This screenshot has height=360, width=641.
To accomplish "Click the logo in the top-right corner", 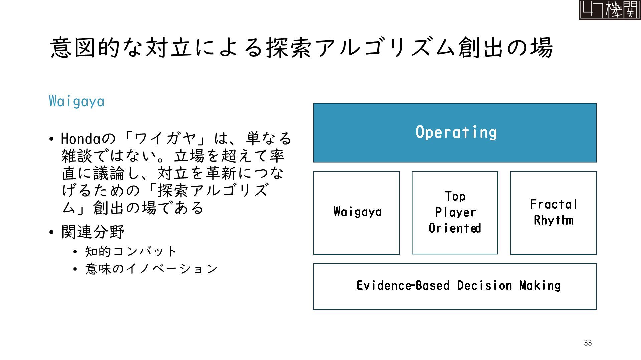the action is click(609, 10).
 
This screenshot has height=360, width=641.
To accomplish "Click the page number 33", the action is click(588, 343).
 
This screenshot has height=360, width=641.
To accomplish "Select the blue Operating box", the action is click(455, 133).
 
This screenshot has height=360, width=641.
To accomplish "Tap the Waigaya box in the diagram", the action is click(357, 213).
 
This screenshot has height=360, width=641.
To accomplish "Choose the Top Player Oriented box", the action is click(455, 213).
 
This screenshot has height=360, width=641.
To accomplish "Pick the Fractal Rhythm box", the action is click(553, 213).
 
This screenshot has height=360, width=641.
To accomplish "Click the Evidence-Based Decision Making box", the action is click(455, 286).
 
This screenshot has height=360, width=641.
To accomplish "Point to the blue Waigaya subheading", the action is click(77, 101).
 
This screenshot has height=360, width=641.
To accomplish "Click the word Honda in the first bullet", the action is click(80, 139).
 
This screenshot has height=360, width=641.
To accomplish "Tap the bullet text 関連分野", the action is click(93, 232).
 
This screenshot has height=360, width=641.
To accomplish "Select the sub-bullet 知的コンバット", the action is click(131, 251).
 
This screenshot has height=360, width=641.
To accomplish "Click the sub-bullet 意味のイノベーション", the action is click(151, 269).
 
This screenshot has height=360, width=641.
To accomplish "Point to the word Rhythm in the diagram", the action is click(553, 220).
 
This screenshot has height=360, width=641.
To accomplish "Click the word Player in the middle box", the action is click(455, 212).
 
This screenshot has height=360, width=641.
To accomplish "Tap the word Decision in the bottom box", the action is click(484, 286).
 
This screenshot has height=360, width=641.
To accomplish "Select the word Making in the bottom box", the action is click(540, 286).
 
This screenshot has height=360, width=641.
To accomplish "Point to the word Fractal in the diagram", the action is click(554, 204).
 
